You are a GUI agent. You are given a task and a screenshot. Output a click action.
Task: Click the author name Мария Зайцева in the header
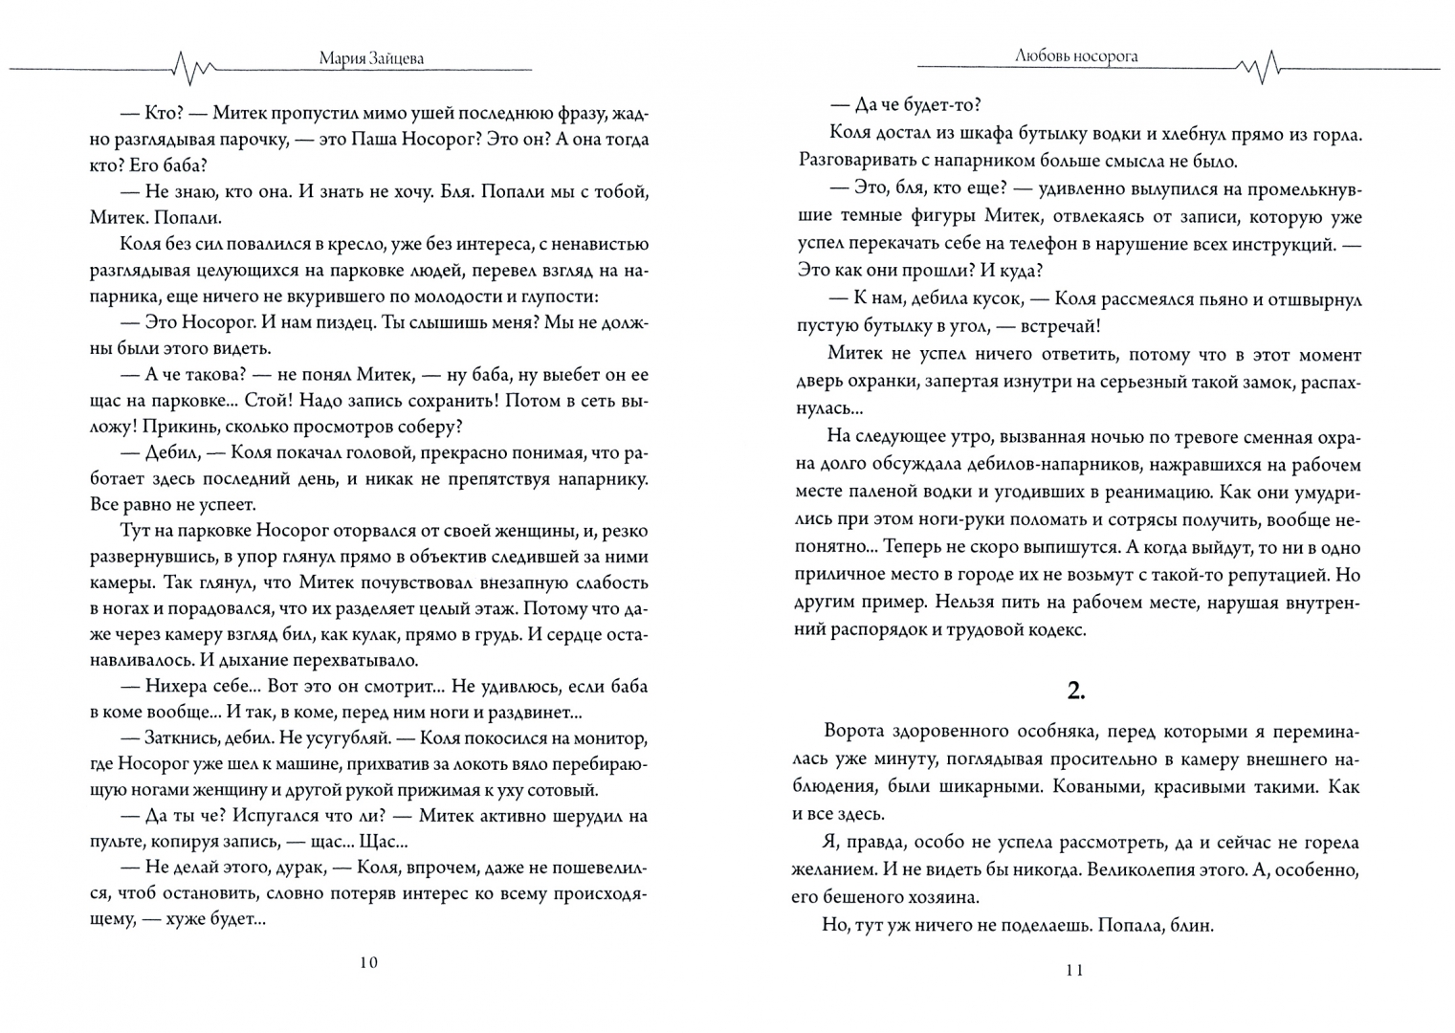[x=371, y=57]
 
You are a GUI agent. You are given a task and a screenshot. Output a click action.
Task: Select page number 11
[x=1074, y=971]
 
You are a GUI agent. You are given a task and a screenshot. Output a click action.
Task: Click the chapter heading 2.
[x=1076, y=691]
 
